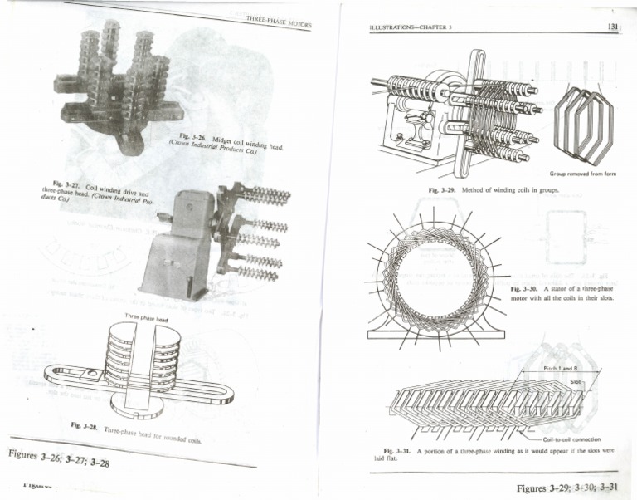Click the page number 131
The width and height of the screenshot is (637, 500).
pyautogui.click(x=614, y=27)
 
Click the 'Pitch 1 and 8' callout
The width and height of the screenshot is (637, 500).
pyautogui.click(x=561, y=367)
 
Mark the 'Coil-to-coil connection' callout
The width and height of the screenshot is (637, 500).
pyautogui.click(x=572, y=439)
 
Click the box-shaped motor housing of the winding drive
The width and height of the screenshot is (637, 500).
pyautogui.click(x=177, y=244)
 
